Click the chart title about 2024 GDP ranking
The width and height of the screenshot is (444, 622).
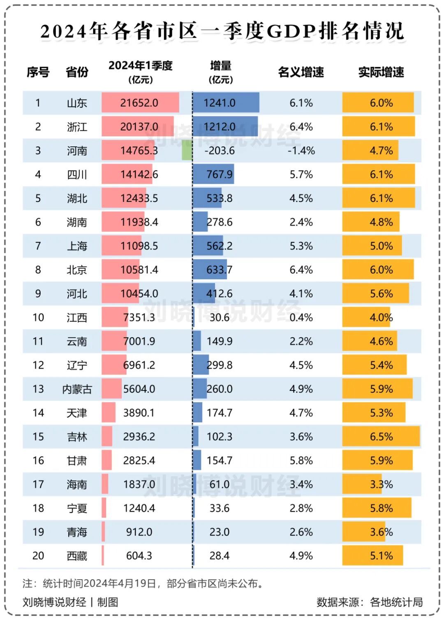[222, 31]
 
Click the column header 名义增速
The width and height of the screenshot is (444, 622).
[301, 72]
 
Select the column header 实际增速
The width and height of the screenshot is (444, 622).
[381, 72]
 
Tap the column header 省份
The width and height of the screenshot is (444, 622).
[77, 72]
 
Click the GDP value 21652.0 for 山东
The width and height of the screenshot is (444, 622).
[139, 103]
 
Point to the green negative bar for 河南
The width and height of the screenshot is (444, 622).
[187, 150]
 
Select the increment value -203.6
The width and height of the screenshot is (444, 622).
[220, 150]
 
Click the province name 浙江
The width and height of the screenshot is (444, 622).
[77, 127]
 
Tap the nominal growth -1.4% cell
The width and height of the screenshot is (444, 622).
[301, 150]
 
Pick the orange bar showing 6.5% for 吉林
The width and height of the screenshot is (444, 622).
[381, 437]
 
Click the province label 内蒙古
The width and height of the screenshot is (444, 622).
[77, 389]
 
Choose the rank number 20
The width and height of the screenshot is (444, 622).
[38, 556]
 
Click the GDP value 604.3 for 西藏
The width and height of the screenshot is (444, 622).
[139, 556]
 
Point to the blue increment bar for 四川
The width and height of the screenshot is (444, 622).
[213, 174]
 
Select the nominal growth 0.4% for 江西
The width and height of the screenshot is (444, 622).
[301, 317]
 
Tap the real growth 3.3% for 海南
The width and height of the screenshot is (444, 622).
[381, 484]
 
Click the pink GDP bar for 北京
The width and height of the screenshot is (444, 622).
[120, 270]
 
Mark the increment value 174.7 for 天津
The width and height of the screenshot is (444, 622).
[220, 413]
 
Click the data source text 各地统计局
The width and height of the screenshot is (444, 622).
[396, 602]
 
